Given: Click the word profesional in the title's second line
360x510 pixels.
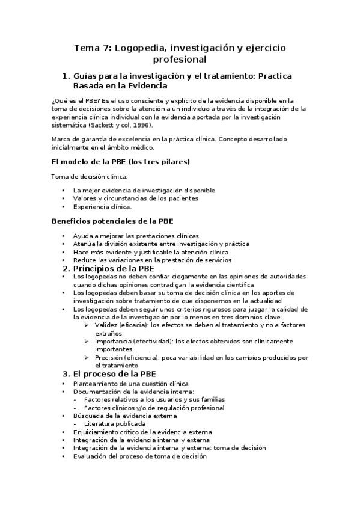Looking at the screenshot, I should [180, 60].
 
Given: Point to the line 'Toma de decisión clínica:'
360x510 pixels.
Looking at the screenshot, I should [89, 176].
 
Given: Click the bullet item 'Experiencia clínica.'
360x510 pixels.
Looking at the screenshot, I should [102, 207].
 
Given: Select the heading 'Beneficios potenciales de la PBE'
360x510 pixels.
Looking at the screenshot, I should [112, 221].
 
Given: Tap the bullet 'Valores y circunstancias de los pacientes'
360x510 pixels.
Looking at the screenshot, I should [135, 198].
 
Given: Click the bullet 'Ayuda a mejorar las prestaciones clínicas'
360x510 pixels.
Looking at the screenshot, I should [136, 236].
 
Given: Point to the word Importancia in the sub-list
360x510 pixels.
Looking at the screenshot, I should [114, 341].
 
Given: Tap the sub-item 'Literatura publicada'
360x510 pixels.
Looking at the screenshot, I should [114, 423].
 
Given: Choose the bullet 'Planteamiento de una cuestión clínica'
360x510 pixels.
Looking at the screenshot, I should [130, 383].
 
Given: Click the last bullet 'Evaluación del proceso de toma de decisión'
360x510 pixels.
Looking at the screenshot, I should [139, 456].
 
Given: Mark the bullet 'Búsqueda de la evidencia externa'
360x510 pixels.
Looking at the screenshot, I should [124, 416].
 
